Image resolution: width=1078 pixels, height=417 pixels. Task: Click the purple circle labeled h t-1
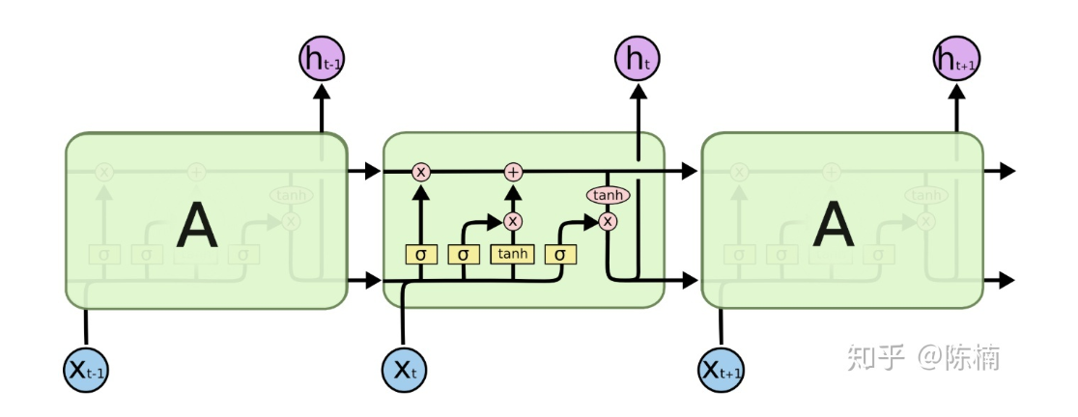click(x=322, y=61)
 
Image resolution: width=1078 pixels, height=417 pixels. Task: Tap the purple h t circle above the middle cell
click(x=638, y=61)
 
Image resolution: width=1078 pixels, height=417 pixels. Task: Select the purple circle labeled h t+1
click(x=955, y=61)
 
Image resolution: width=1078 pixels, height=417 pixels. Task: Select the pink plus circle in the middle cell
click(x=513, y=172)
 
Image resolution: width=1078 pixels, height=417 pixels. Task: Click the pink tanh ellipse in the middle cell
click(x=608, y=196)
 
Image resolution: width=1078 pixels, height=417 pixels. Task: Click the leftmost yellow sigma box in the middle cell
click(x=421, y=255)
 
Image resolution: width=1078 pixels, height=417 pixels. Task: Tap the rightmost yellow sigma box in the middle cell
click(x=559, y=255)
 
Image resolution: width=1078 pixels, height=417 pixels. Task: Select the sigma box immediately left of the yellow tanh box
click(x=464, y=255)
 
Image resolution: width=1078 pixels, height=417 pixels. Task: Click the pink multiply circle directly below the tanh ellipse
click(x=608, y=221)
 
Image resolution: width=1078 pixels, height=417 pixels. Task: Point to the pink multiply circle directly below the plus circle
click(x=513, y=221)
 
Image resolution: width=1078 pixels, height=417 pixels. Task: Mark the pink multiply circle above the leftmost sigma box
click(x=421, y=172)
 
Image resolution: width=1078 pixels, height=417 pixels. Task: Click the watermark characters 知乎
click(x=876, y=358)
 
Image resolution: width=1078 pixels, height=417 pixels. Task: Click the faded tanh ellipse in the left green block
click(x=291, y=196)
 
